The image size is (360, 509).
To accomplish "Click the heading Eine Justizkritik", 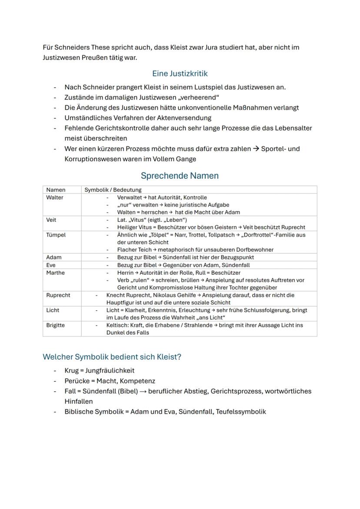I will (x=180, y=74).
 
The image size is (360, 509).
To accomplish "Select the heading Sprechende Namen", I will (x=180, y=176).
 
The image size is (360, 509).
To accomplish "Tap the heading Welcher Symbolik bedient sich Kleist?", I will (x=112, y=357).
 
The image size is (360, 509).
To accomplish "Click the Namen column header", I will (x=56, y=190).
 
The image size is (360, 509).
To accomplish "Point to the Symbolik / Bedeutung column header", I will (x=113, y=190).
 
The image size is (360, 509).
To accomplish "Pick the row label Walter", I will (x=55, y=198).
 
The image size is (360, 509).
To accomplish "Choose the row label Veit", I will (x=51, y=220).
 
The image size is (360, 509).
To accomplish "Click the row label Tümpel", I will (x=56, y=235).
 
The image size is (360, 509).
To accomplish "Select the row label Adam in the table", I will (x=53, y=257).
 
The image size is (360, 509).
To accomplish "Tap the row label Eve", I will (x=51, y=265).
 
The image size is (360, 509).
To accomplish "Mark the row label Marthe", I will (x=55, y=273).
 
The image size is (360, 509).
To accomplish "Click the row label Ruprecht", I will (x=58, y=295).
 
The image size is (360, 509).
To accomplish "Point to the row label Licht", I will (x=53, y=310).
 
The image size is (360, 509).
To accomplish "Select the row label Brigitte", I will (x=57, y=325).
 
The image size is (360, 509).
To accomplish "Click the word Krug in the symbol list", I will (x=72, y=371).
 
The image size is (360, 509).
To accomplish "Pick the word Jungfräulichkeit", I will (x=110, y=371).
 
